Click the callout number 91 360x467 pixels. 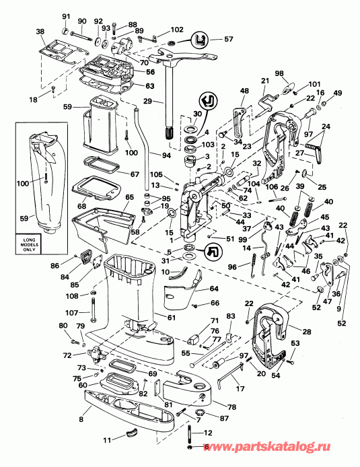[66, 16]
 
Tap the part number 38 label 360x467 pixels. [40, 32]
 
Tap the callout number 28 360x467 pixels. [308, 332]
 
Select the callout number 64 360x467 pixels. [214, 289]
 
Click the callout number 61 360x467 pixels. [172, 317]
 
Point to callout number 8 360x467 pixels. [81, 420]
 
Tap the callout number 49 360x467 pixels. [338, 93]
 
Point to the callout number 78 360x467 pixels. [213, 407]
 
